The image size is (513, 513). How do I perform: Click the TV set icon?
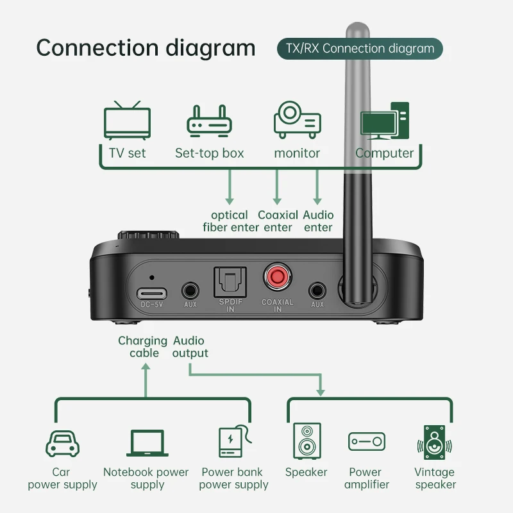pos(127,119)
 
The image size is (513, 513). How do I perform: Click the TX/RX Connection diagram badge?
pos(360,49)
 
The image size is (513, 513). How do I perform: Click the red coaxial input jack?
pos(277,278)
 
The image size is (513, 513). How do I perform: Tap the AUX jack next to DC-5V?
pos(190,290)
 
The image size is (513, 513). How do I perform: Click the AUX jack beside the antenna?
pos(317,290)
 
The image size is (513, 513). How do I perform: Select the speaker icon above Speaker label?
pos(306,441)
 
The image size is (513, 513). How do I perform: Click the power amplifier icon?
pos(366,441)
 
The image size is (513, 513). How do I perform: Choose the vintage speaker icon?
pos(435,442)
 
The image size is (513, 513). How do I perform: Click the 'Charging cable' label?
pos(142,347)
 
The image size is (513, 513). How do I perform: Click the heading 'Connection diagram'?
pos(146,48)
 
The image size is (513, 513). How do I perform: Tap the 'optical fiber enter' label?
pos(231,221)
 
